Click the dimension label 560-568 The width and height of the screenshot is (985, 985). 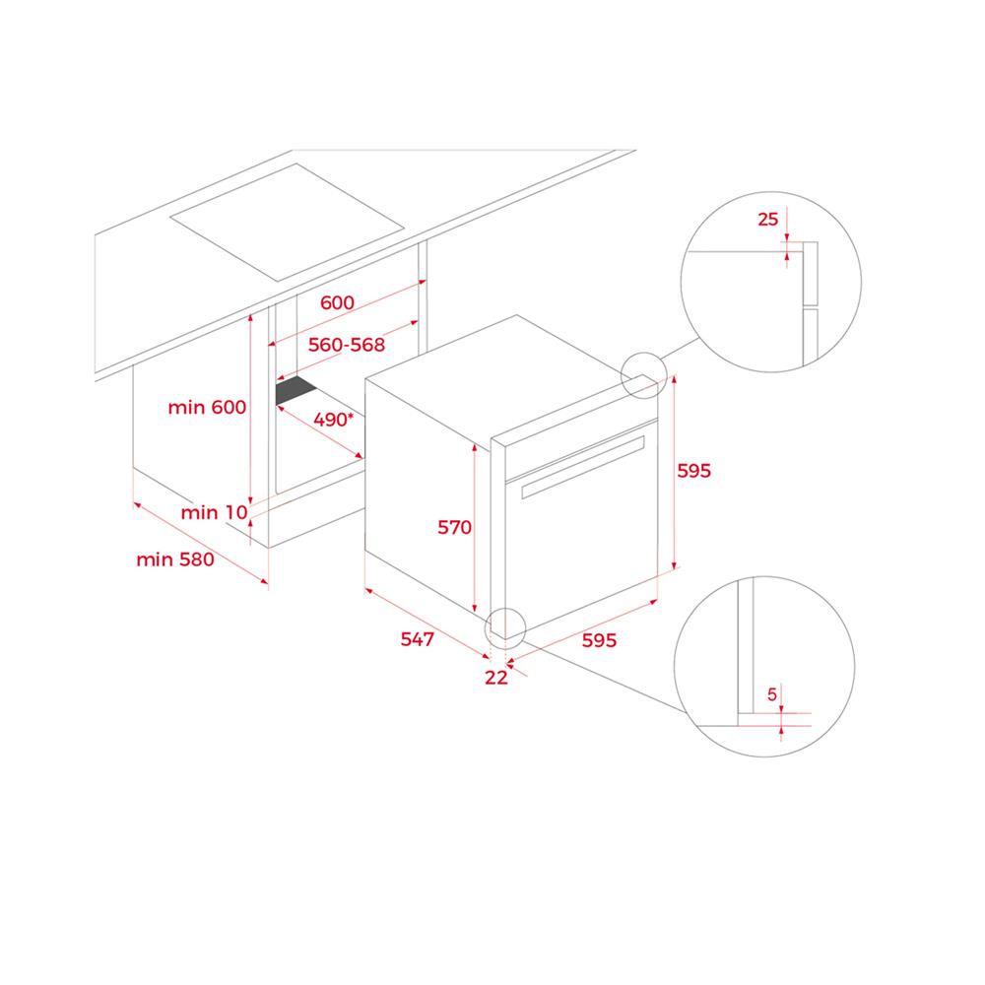[346, 345]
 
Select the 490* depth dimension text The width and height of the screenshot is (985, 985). [334, 419]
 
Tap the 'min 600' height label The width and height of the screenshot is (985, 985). [207, 407]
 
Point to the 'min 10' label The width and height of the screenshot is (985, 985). [214, 512]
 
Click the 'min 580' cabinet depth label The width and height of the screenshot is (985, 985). [175, 559]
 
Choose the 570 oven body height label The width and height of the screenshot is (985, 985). [454, 527]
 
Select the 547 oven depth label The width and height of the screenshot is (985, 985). [417, 639]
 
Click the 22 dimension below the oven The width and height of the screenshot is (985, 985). [495, 678]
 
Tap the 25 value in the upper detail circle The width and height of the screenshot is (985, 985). [767, 220]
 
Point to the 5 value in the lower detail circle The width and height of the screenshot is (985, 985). [772, 694]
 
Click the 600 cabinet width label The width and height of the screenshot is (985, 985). [337, 302]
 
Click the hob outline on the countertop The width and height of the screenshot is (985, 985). [287, 222]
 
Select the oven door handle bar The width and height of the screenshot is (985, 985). [583, 467]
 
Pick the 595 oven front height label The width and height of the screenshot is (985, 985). [693, 471]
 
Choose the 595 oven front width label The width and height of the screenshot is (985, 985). [599, 640]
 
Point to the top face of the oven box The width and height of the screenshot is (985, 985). [512, 377]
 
